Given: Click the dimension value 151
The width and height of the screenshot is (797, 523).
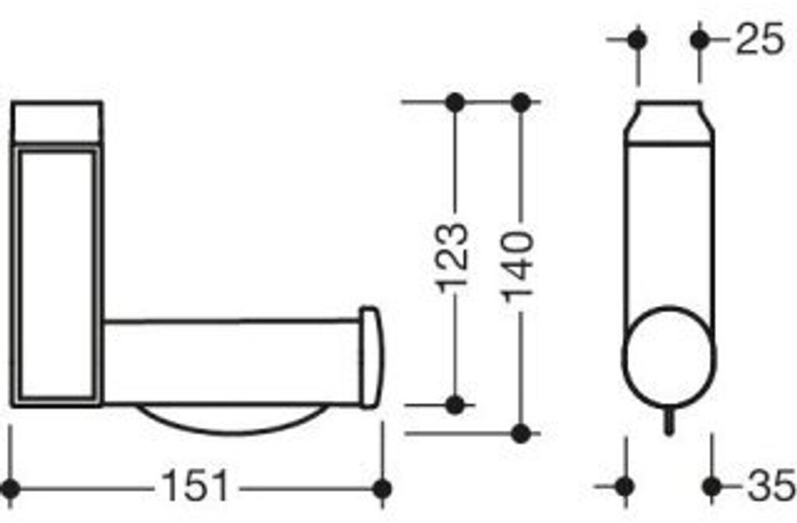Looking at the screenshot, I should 195,488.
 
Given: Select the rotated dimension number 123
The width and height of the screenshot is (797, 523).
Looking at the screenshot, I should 454,258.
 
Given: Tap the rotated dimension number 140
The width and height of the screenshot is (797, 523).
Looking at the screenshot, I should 518,265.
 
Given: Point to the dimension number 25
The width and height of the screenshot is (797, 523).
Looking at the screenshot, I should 760,40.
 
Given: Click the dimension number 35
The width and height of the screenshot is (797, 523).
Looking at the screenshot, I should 770,488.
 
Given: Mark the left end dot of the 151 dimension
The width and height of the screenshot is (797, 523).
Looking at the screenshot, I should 10,489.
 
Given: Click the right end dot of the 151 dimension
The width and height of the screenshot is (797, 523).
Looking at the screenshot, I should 381,489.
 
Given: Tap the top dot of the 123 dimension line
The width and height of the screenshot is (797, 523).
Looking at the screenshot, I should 455,102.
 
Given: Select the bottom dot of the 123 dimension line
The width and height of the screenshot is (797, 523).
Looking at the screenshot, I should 456,405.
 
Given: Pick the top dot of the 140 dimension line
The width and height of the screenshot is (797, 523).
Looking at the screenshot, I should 521,102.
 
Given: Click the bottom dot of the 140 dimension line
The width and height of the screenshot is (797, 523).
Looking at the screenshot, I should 521,433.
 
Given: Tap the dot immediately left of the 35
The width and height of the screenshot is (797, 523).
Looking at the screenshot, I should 710,487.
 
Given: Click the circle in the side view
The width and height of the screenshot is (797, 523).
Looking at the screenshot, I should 666,354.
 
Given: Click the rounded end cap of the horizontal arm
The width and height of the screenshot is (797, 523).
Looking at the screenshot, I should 369,357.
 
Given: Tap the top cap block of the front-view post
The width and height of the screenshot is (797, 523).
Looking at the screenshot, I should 58,122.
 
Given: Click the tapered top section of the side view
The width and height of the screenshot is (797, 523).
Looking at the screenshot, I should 669,123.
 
